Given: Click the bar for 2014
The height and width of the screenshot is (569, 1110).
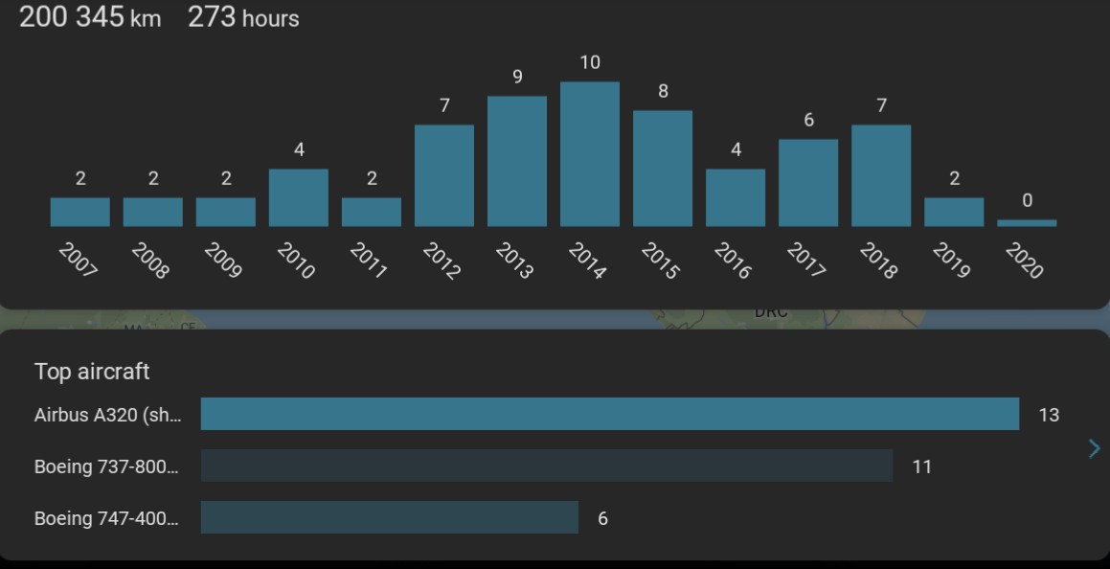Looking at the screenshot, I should (590, 154).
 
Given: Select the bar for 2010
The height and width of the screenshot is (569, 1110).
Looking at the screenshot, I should (299, 197).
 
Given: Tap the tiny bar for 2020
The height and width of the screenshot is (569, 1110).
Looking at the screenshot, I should (1027, 223).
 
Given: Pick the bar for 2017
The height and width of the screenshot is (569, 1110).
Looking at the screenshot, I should (808, 183).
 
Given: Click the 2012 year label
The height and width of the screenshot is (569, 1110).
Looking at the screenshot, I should (442, 261).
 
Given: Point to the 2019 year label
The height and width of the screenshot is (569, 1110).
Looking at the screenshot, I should (951, 261).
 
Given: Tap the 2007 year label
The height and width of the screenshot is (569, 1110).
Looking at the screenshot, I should (78, 261).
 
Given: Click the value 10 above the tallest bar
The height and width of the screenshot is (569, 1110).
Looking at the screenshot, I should (590, 62).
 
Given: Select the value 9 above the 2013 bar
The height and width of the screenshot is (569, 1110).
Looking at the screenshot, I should (517, 77).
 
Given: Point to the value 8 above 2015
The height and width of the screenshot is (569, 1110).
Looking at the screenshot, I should (663, 91).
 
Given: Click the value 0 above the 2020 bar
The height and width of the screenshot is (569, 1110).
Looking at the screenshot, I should (1027, 200).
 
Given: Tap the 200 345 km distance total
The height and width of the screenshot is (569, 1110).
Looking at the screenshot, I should (90, 17).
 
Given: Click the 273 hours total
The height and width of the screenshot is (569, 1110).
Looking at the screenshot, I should (243, 17).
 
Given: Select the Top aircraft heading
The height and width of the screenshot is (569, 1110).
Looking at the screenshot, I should (92, 372).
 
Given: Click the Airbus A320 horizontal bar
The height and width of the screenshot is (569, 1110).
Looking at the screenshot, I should (610, 414).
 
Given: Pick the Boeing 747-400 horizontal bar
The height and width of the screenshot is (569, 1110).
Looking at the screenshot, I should (390, 517).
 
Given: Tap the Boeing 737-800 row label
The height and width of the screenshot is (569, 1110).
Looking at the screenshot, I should (106, 467).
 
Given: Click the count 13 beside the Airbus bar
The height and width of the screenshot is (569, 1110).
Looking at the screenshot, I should (1049, 415).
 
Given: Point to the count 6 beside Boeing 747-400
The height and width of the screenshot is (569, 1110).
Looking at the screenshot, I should (602, 518).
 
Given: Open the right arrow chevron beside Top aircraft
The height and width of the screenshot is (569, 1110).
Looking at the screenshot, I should (1094, 448).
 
